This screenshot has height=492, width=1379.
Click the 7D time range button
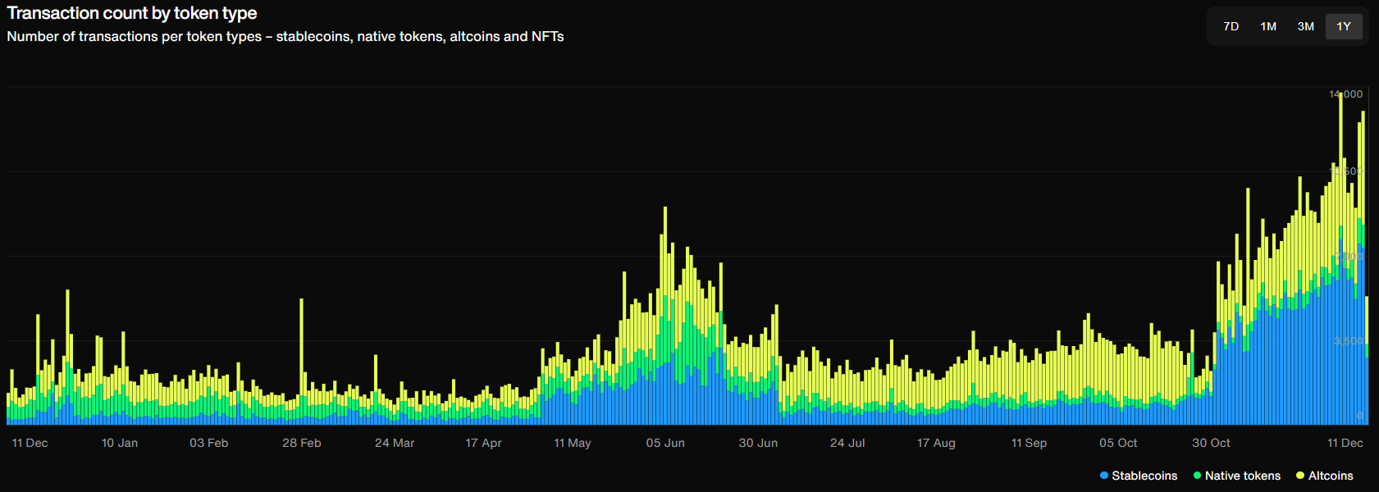pyautogui.click(x=1231, y=26)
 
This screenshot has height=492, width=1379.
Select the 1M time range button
pyautogui.click(x=1268, y=26)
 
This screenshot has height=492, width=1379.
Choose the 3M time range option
pyautogui.click(x=1306, y=26)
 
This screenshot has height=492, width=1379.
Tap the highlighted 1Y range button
pyautogui.click(x=1344, y=26)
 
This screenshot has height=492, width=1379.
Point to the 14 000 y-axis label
pyautogui.click(x=1346, y=94)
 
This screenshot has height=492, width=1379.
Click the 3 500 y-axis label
pyautogui.click(x=1349, y=340)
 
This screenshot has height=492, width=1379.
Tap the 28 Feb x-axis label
pyautogui.click(x=302, y=443)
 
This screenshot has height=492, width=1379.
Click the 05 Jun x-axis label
pyautogui.click(x=665, y=443)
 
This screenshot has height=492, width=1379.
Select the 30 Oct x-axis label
pyautogui.click(x=1211, y=443)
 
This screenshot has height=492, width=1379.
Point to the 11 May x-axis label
pyautogui.click(x=573, y=443)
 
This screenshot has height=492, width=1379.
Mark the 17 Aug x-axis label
pyautogui.click(x=936, y=443)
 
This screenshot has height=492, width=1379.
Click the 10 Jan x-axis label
pyautogui.click(x=120, y=443)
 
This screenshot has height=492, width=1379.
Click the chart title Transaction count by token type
pyautogui.click(x=132, y=13)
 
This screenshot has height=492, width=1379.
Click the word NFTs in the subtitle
pyautogui.click(x=547, y=37)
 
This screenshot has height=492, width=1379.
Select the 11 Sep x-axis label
pyautogui.click(x=1029, y=443)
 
